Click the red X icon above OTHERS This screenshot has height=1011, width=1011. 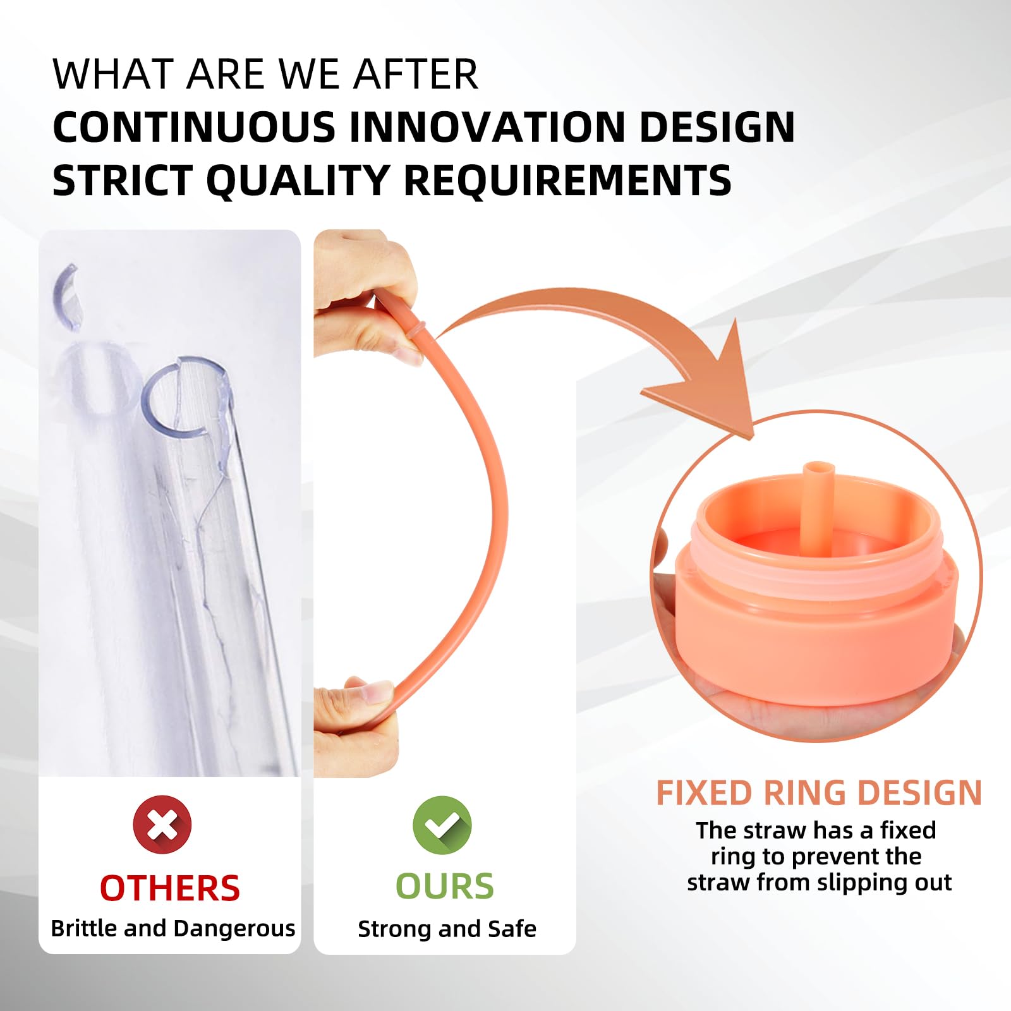(162, 825)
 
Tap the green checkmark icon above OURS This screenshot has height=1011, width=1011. (442, 825)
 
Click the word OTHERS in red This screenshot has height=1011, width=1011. (170, 888)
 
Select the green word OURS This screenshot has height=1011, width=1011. (445, 887)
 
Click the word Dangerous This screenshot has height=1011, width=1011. (234, 928)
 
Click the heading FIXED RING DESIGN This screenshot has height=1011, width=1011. (819, 792)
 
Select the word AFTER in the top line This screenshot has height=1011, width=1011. (415, 75)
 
